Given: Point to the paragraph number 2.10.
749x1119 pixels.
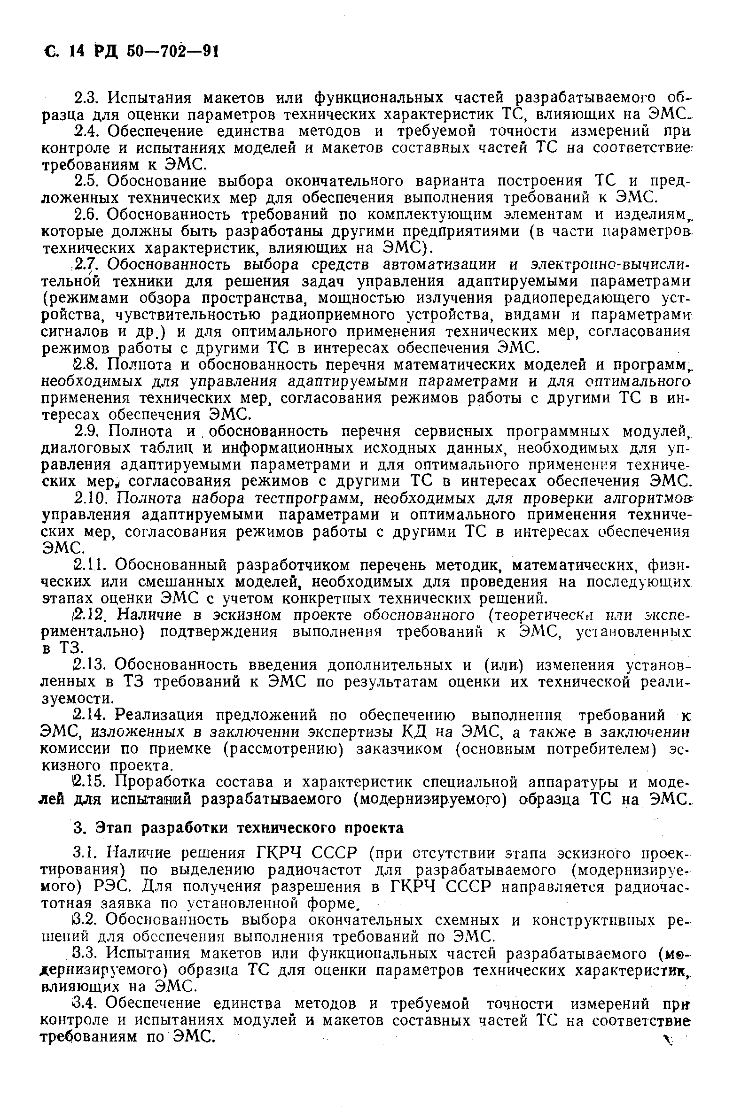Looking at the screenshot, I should click(x=93, y=498).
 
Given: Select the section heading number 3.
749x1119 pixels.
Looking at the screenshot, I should click(x=80, y=827).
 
